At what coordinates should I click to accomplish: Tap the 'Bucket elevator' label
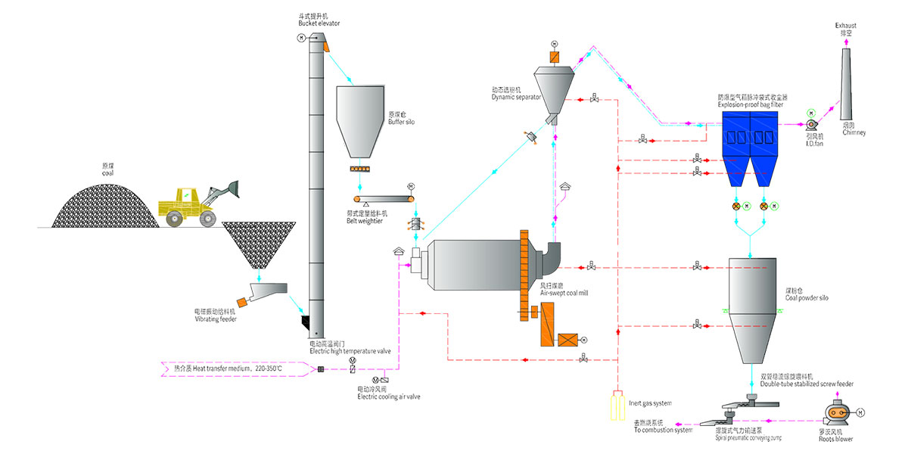click(319, 23)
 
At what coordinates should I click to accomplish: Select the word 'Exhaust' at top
click(846, 25)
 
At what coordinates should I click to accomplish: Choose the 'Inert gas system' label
click(650, 403)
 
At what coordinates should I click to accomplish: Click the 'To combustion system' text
click(663, 430)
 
